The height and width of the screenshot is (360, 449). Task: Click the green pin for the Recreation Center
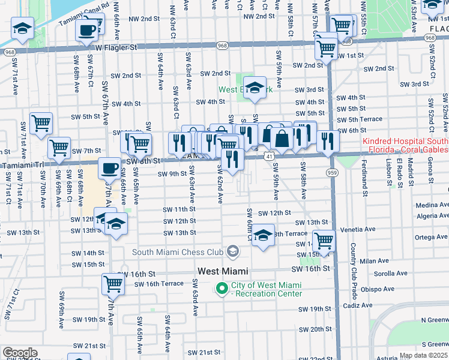click(x=221, y=289)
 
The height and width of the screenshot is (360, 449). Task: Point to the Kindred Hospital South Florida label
click(x=405, y=146)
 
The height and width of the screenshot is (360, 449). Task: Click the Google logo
click(x=19, y=353)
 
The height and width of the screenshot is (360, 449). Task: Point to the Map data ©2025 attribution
click(x=423, y=355)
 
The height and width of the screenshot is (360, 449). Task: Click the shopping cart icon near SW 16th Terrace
click(x=112, y=283)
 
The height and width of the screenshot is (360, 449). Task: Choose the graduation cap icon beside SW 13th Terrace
click(x=263, y=235)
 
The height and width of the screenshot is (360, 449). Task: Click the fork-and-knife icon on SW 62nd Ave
click(x=232, y=159)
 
